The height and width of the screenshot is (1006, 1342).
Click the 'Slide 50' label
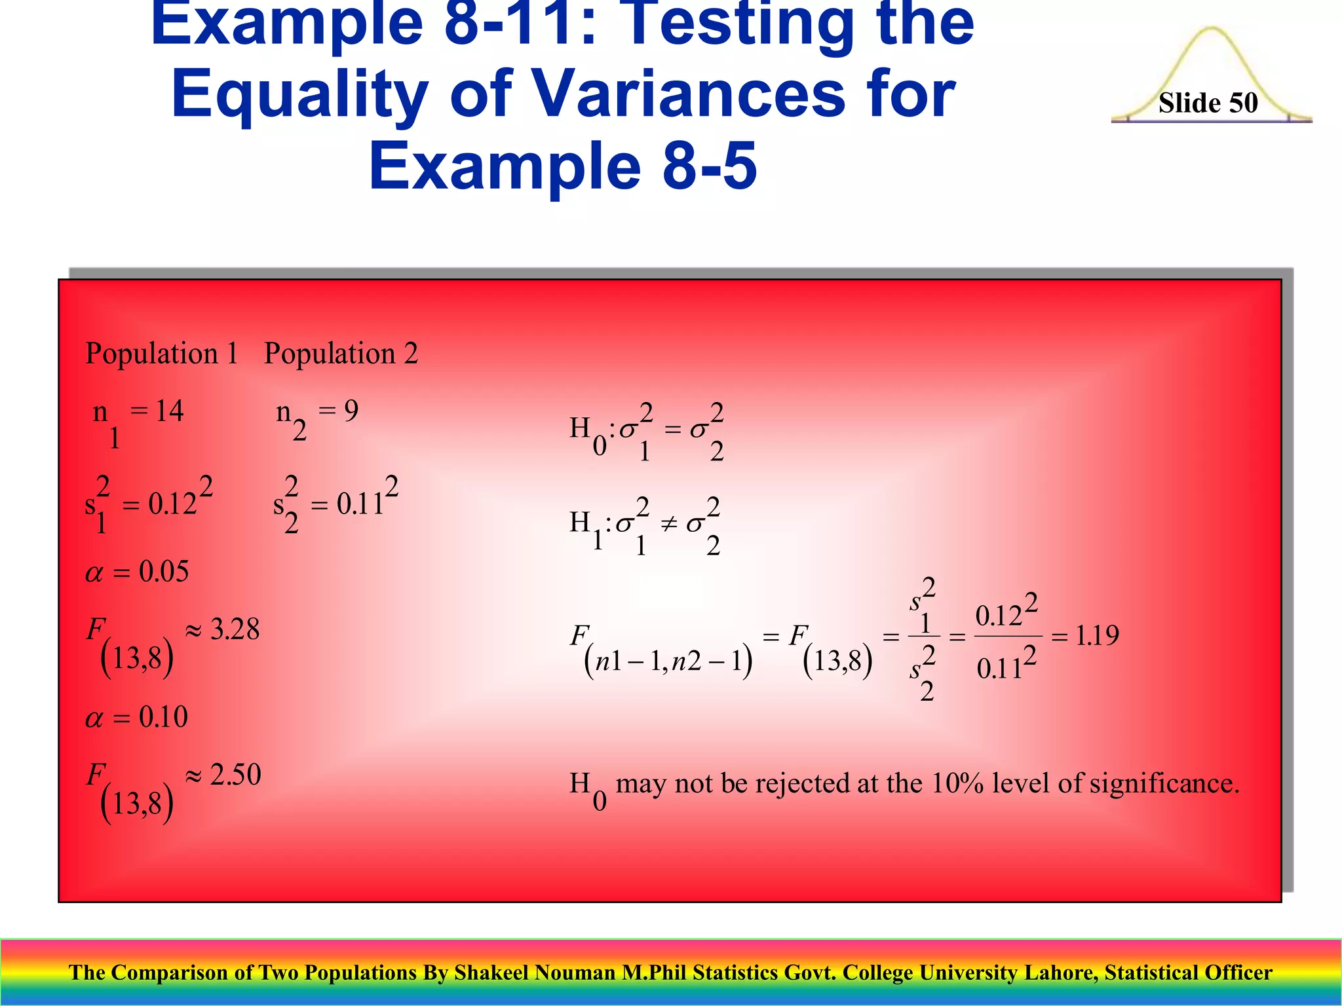point(1208,103)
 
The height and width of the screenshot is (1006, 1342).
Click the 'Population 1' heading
point(162,354)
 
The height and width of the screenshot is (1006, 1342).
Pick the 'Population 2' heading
point(341,354)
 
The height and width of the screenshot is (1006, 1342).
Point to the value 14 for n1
point(169,411)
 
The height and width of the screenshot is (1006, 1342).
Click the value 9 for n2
point(351,411)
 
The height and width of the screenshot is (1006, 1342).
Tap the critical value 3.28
point(235,629)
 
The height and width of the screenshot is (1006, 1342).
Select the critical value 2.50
point(235,775)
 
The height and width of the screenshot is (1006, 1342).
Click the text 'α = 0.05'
point(137,572)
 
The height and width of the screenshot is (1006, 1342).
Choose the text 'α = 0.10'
point(137,717)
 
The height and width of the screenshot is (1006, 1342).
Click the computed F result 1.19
point(1097,635)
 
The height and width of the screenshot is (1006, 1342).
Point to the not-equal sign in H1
point(668,523)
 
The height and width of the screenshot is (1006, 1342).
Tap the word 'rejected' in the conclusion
point(801,783)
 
